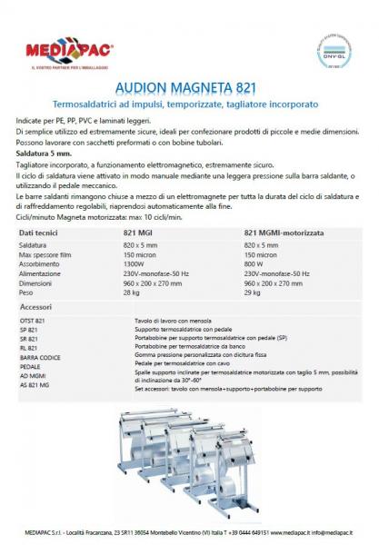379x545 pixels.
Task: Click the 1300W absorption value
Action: click(135, 264)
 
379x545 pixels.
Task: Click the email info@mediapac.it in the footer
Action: click(327, 534)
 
